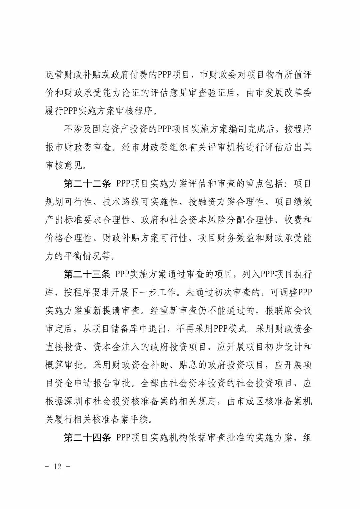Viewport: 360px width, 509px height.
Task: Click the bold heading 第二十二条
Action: click(87, 184)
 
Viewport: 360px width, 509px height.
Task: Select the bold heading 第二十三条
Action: click(87, 274)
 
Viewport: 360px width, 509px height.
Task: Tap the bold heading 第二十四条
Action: click(87, 438)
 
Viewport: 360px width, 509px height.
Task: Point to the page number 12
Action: click(57, 466)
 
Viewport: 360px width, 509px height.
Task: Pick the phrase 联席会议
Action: click(293, 311)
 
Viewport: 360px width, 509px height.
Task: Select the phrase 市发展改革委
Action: click(283, 93)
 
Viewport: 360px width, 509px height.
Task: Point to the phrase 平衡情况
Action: click(87, 256)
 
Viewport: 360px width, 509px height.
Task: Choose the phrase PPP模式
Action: click(230, 329)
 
